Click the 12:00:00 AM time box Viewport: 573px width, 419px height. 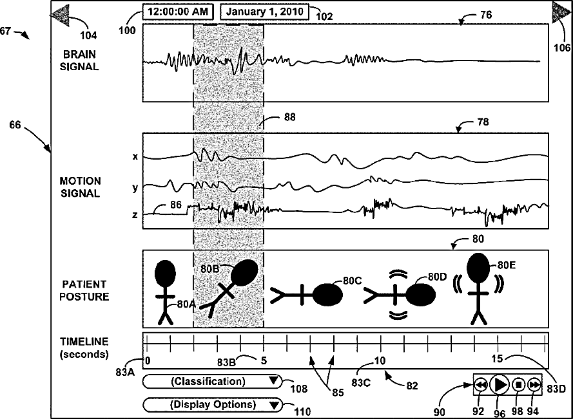(x=178, y=12)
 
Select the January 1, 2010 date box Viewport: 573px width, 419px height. (x=264, y=12)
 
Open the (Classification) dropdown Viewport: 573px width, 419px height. (x=212, y=382)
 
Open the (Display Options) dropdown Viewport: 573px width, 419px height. (x=212, y=405)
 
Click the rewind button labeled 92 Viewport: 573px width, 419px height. (x=481, y=384)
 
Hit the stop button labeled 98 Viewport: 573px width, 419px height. (x=518, y=384)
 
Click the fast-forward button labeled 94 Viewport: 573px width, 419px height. (x=534, y=384)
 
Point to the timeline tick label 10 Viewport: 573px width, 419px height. (x=380, y=360)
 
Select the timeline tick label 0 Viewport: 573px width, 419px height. (x=148, y=360)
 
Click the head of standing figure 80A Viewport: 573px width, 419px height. (x=166, y=273)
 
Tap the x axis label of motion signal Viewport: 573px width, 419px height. (x=135, y=156)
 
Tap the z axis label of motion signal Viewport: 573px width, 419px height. (x=135, y=215)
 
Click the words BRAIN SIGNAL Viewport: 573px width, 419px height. (x=81, y=60)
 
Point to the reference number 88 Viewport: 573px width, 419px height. (x=291, y=117)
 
